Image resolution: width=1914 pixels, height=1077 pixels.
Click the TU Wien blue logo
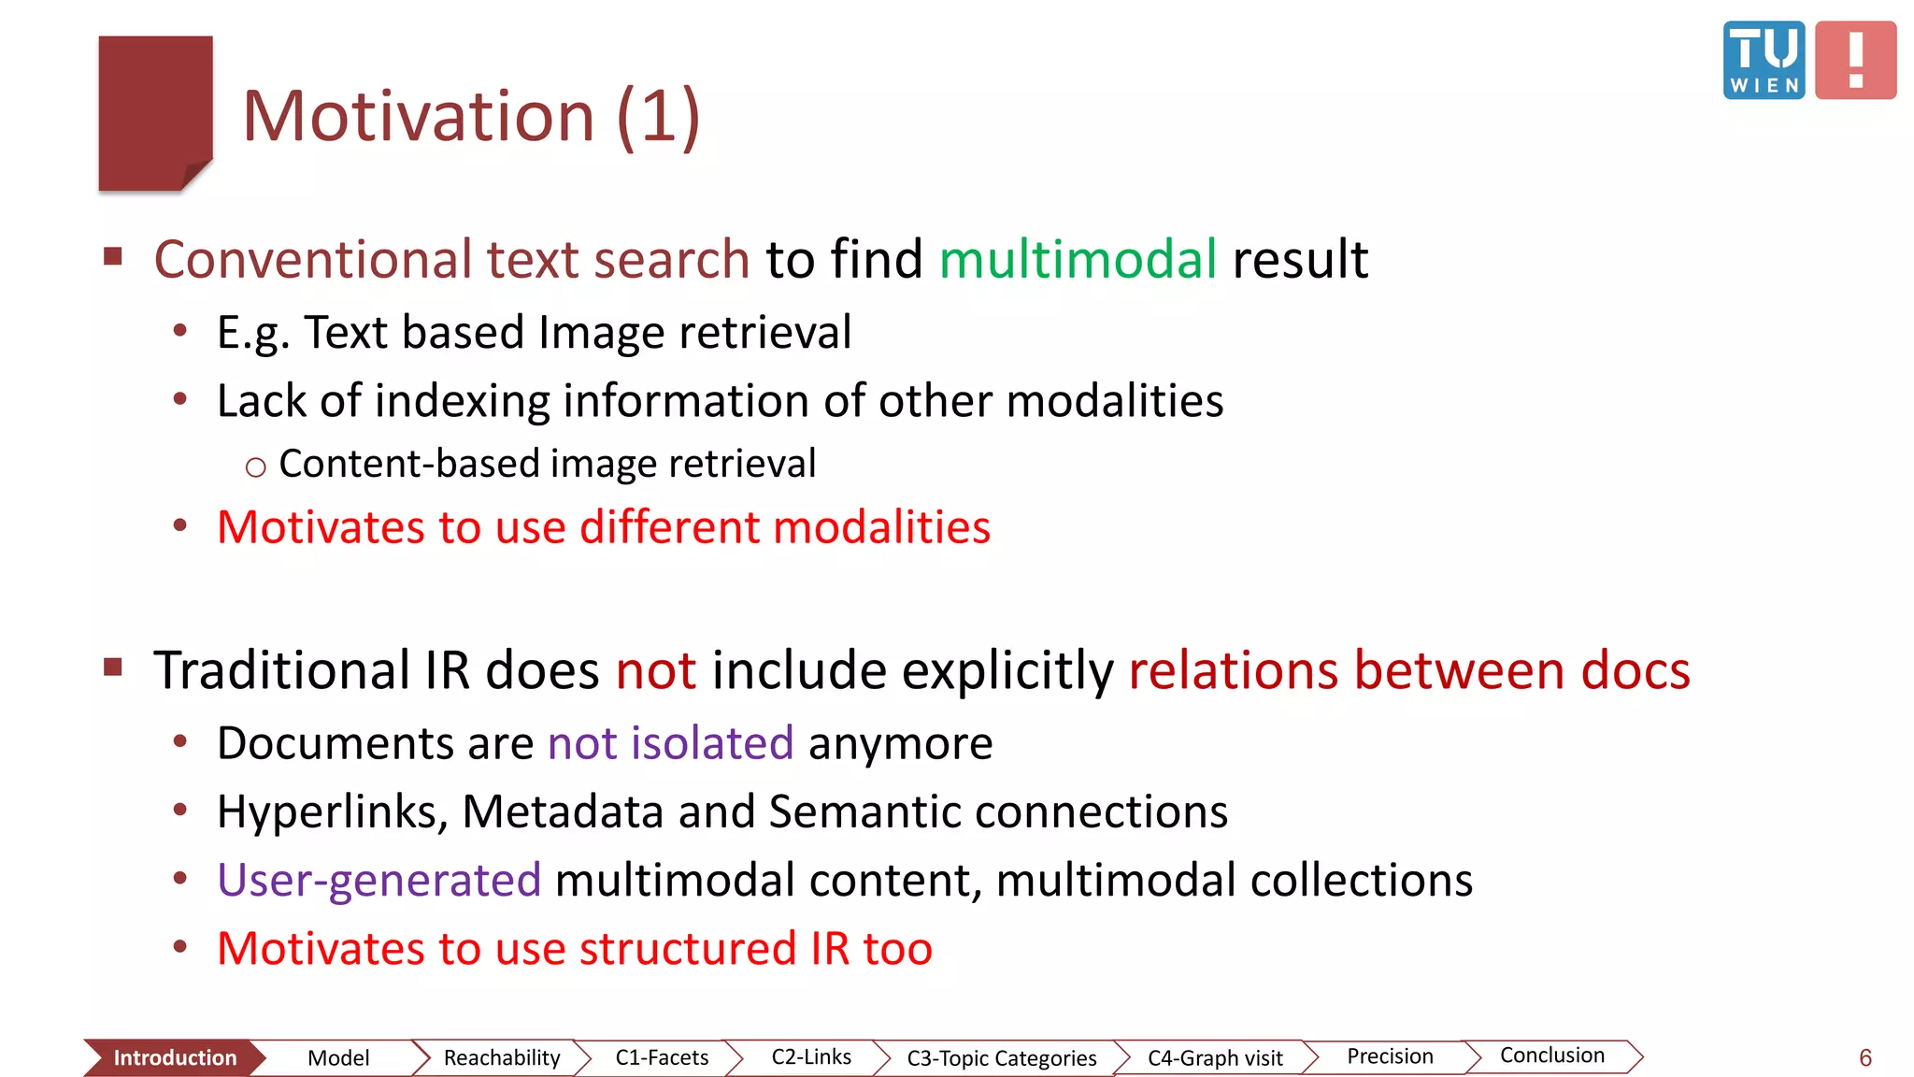pos(1764,60)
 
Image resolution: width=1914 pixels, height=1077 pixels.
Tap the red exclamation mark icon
pos(1855,60)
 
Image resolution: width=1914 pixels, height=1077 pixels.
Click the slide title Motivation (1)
pos(471,116)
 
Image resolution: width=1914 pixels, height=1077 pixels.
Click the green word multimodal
pos(1078,259)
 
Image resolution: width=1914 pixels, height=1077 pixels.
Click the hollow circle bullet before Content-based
pos(255,467)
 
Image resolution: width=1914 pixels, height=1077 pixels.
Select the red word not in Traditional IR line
pos(655,671)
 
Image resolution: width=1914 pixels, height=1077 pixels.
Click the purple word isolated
pos(711,744)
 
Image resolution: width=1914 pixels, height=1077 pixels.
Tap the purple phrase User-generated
pos(379,881)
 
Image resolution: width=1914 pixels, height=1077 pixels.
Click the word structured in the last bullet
pos(687,949)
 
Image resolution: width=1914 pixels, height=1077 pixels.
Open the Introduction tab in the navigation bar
pos(174,1057)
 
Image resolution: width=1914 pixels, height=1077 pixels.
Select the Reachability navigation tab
pos(501,1057)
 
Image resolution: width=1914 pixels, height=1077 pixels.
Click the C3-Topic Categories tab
pos(1001,1058)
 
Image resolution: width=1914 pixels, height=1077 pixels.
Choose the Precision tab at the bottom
pos(1390,1056)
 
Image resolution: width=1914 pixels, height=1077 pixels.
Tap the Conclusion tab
pos(1551,1055)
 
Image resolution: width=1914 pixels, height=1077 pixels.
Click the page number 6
pos(1864,1058)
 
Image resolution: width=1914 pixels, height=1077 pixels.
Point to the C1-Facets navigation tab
pos(662,1057)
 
